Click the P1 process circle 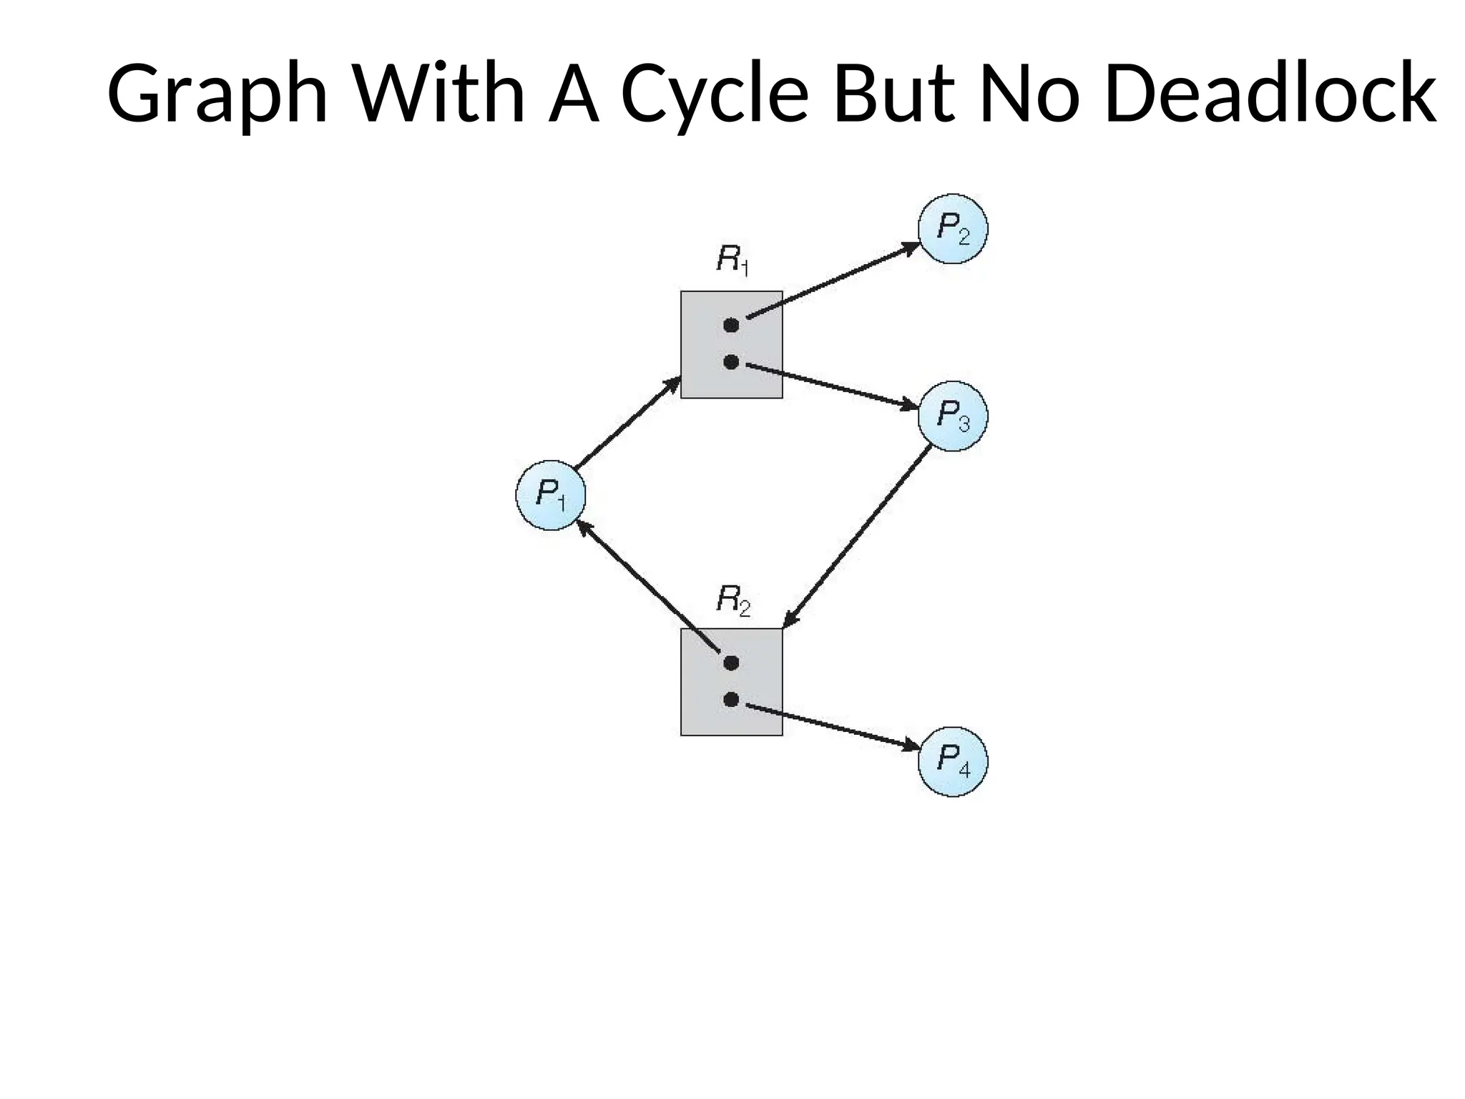click(x=550, y=495)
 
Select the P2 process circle click(x=953, y=229)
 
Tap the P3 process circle click(x=953, y=416)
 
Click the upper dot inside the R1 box click(x=730, y=326)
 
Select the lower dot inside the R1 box click(x=730, y=362)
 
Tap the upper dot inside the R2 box click(x=730, y=663)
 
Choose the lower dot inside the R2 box click(x=730, y=699)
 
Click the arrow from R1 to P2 click(x=833, y=280)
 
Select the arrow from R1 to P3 click(x=832, y=386)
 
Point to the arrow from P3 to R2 click(x=857, y=537)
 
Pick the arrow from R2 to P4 click(x=832, y=728)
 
